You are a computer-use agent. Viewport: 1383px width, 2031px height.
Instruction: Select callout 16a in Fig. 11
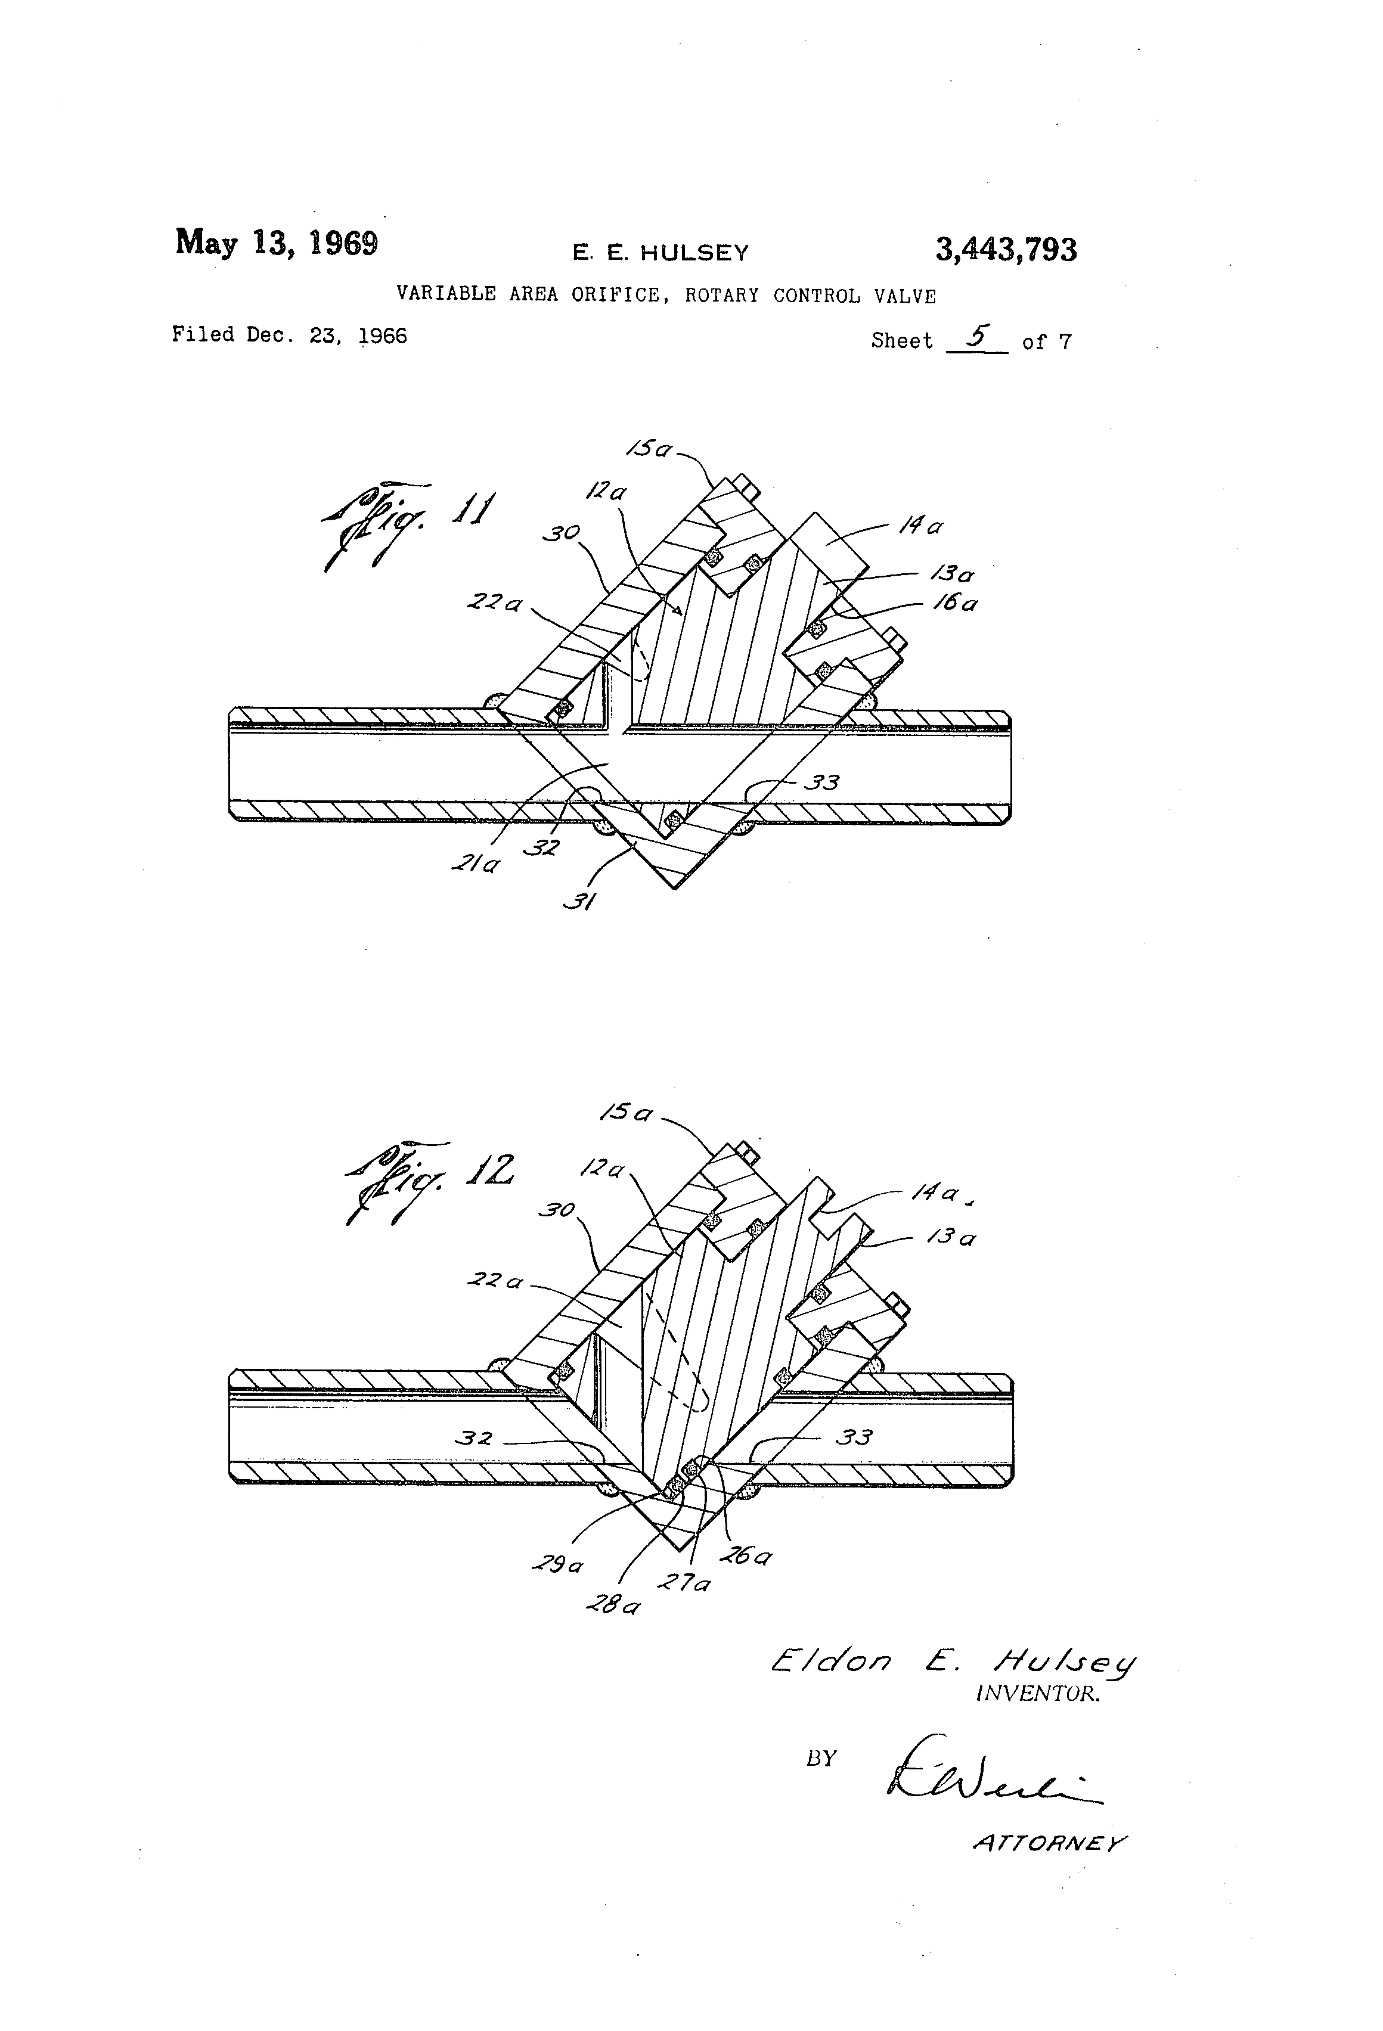click(x=956, y=603)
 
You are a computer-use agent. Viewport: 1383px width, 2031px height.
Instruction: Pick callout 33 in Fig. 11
click(x=821, y=782)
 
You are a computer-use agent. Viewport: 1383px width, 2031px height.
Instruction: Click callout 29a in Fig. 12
click(x=557, y=1565)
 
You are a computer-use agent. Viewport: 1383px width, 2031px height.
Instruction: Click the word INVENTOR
click(x=1037, y=1694)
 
